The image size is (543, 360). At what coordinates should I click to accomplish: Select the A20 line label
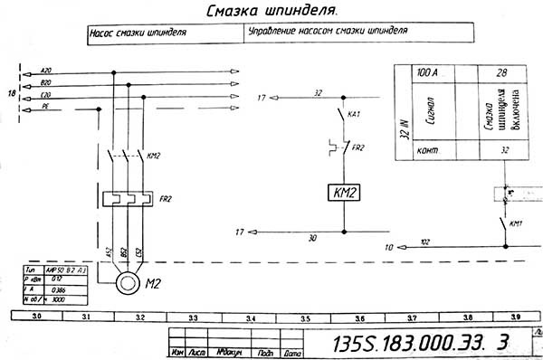[x=47, y=71]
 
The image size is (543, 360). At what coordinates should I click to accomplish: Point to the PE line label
[x=45, y=107]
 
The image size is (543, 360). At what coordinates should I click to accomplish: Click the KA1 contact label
[x=355, y=115]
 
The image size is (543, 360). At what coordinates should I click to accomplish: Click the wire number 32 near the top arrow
[x=318, y=92]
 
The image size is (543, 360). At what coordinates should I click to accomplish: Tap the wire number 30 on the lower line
[x=312, y=237]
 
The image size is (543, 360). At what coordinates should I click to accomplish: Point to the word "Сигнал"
[x=425, y=113]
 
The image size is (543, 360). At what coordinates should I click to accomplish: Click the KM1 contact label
[x=517, y=223]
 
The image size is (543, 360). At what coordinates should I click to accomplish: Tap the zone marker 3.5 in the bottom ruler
[x=306, y=318]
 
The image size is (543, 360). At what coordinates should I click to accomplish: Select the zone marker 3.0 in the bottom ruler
[x=37, y=318]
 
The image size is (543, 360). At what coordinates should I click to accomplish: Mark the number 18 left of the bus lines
[x=11, y=93]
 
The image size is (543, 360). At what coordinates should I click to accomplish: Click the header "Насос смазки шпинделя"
[x=138, y=31]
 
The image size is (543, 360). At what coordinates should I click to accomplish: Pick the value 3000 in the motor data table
[x=59, y=297]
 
